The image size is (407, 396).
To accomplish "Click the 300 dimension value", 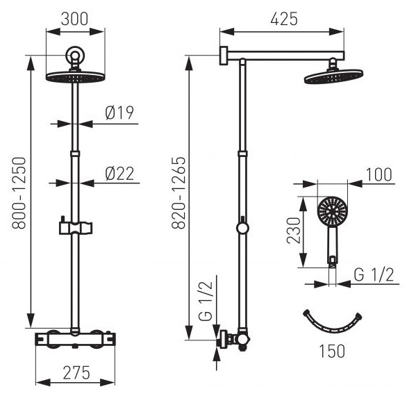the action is (74, 19).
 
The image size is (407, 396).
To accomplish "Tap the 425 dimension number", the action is (283, 19).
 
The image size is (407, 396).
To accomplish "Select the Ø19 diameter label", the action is (119, 113).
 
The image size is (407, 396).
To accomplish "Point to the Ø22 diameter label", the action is (119, 174).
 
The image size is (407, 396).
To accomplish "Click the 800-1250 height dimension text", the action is (19, 192).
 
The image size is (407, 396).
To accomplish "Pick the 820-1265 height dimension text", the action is (178, 192).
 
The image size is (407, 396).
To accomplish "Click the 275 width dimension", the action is (76, 372).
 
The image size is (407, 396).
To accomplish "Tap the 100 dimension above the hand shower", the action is (379, 174).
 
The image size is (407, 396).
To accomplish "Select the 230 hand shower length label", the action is (293, 231).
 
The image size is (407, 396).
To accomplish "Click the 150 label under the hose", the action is (332, 351).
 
